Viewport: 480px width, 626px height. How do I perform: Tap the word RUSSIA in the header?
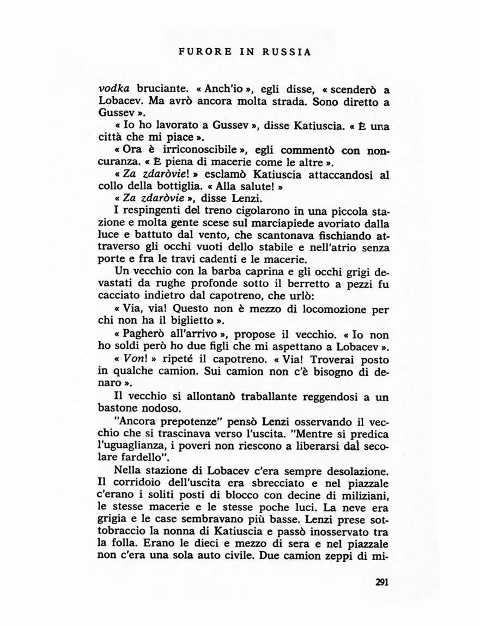(287, 52)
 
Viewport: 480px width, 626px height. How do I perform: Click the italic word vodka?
(113, 89)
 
